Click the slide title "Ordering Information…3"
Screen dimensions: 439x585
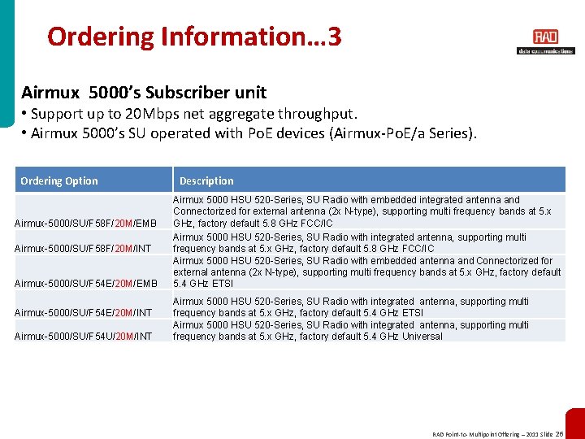pos(194,37)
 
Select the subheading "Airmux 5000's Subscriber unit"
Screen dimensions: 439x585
pos(144,93)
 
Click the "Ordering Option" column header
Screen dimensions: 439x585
pos(58,180)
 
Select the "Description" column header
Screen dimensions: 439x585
pos(206,180)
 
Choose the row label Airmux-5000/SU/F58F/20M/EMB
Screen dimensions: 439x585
pos(85,224)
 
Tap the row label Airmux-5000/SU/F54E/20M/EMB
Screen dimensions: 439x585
pos(85,284)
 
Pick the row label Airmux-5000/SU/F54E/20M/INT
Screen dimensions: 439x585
pos(83,313)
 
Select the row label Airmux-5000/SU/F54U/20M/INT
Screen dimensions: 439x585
pos(83,336)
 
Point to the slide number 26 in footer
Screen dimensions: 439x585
pos(560,434)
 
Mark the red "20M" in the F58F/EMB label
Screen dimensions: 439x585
pos(124,224)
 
